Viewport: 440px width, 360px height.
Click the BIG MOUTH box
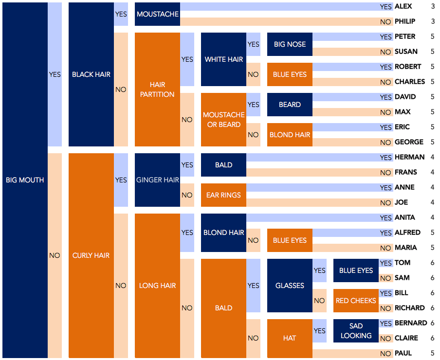(25, 180)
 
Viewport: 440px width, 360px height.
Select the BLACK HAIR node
(91, 74)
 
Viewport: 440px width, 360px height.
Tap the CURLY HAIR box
(91, 255)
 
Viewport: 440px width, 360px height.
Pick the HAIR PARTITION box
(157, 90)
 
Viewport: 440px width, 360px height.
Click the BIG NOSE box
(290, 44)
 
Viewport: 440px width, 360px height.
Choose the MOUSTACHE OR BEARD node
(223, 120)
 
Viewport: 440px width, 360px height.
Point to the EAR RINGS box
(223, 195)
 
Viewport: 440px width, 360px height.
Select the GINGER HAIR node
(157, 180)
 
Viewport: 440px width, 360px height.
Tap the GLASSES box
(290, 286)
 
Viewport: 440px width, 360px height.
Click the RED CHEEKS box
(356, 301)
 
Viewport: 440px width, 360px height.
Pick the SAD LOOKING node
(356, 331)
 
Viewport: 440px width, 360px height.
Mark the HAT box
(290, 338)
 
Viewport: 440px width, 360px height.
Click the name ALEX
(403, 6)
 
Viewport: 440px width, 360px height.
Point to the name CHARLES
(410, 82)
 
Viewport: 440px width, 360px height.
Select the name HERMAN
(409, 157)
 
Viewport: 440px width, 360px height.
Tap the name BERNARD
(411, 323)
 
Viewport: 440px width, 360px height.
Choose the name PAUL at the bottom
(403, 353)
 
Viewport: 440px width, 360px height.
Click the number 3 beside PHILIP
(433, 21)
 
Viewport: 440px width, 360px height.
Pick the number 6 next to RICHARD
(433, 308)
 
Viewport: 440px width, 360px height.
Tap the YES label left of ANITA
(386, 218)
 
